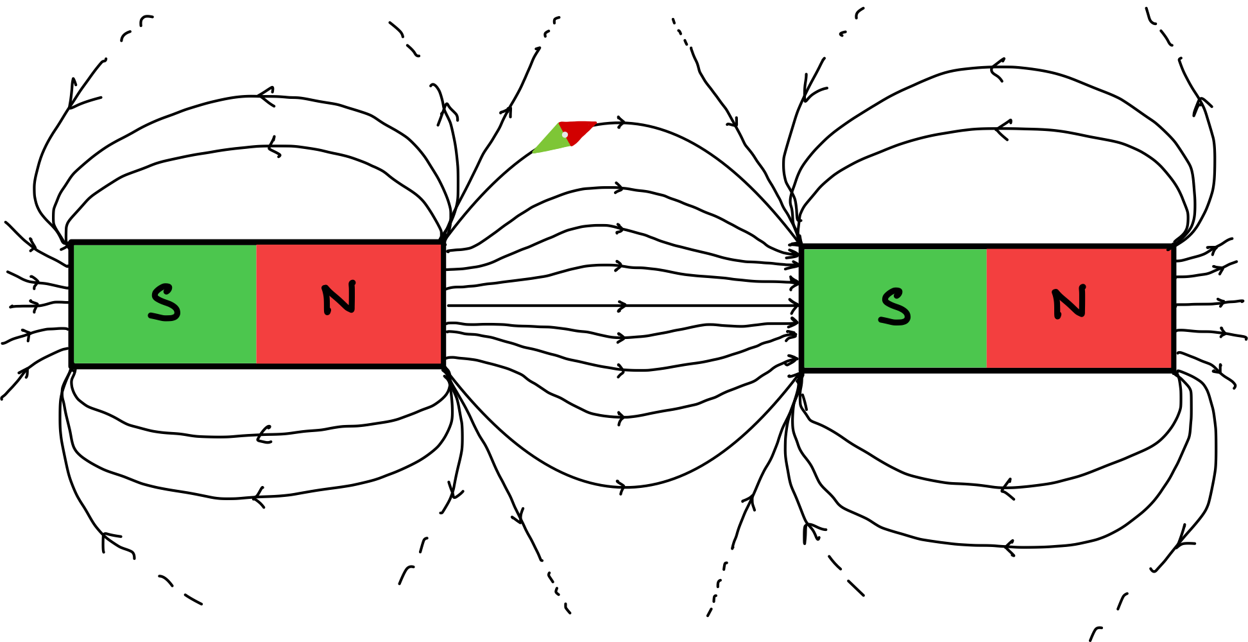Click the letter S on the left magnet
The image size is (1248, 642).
[164, 302]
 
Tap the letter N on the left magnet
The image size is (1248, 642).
[339, 298]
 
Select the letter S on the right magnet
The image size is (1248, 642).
[895, 307]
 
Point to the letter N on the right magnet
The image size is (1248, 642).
[1069, 302]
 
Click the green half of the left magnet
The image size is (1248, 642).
[115, 334]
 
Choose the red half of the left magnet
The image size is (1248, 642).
[398, 334]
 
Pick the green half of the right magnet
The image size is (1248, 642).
[841, 340]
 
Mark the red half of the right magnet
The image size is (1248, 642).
[1129, 340]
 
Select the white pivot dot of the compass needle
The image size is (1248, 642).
[565, 135]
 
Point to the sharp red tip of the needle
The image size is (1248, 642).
[596, 122]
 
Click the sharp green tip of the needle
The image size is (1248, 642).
[534, 152]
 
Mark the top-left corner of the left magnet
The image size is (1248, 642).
[74, 246]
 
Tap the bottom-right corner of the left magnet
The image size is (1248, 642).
[440, 363]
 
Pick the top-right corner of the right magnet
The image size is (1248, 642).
[1170, 250]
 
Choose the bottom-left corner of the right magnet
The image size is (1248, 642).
[805, 367]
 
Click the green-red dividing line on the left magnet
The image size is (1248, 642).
[256, 304]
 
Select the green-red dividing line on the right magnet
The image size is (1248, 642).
[986, 308]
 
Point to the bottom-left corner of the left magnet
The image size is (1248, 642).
[74, 363]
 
